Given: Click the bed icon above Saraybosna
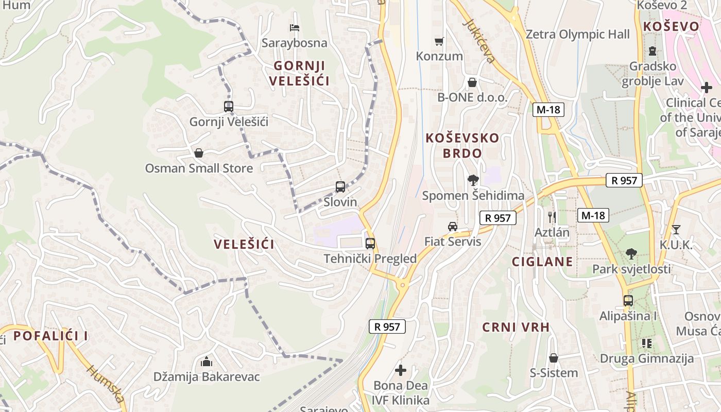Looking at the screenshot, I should coord(295,27).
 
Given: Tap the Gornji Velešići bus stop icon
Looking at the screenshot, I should coord(229,107).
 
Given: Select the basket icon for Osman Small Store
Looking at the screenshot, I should coord(199,153).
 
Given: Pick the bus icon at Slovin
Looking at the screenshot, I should coord(340,187).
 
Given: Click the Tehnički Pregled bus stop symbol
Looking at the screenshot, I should coord(370,244).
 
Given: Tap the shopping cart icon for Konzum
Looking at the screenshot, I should coord(439,41).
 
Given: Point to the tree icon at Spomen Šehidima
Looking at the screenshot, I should coord(473,180).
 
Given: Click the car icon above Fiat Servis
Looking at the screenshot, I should coord(452,226).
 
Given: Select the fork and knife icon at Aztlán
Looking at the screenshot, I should coord(552,217).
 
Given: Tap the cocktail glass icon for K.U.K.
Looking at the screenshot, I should coord(676,229).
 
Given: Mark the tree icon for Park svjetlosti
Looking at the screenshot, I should coord(631,253).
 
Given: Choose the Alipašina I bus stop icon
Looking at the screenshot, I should coord(628,300).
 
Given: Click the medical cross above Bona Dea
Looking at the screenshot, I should coord(401,370).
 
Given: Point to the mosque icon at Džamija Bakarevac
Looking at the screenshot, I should coord(207,362).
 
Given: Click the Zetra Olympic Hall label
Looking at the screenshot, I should coord(577,35).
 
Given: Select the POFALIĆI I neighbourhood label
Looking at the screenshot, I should coord(50,336).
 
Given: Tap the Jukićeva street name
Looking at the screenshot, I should coord(479,41).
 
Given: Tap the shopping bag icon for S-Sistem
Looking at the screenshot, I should coord(554,357).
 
